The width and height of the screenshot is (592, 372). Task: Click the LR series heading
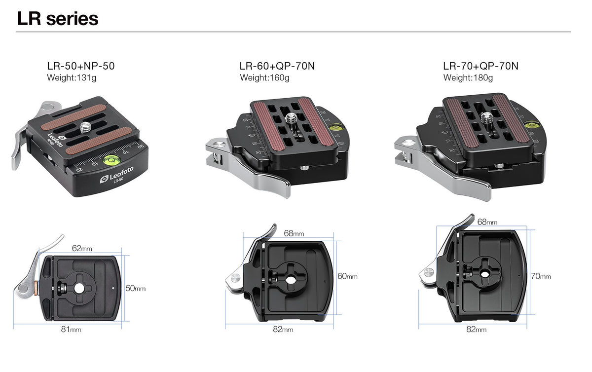[58, 19]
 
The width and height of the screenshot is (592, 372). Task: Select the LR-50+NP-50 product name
[81, 66]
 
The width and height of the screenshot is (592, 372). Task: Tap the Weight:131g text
[72, 77]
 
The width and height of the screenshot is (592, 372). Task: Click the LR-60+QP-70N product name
[277, 66]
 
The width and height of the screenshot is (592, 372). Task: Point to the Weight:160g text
[264, 77]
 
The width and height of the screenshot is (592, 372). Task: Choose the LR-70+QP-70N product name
[481, 66]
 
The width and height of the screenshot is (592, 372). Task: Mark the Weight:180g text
[468, 77]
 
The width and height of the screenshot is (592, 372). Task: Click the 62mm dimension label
[82, 249]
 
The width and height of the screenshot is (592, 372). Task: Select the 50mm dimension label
[136, 288]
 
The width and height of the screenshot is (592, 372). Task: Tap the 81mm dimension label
[71, 329]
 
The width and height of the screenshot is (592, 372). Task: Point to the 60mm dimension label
[347, 276]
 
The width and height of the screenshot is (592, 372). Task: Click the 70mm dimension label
[541, 276]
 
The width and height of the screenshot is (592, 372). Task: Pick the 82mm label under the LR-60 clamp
[283, 329]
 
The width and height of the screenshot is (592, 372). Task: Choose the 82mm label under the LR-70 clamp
[477, 329]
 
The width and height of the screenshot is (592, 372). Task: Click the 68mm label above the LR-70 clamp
[487, 222]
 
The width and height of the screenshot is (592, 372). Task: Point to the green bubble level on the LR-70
[531, 125]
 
